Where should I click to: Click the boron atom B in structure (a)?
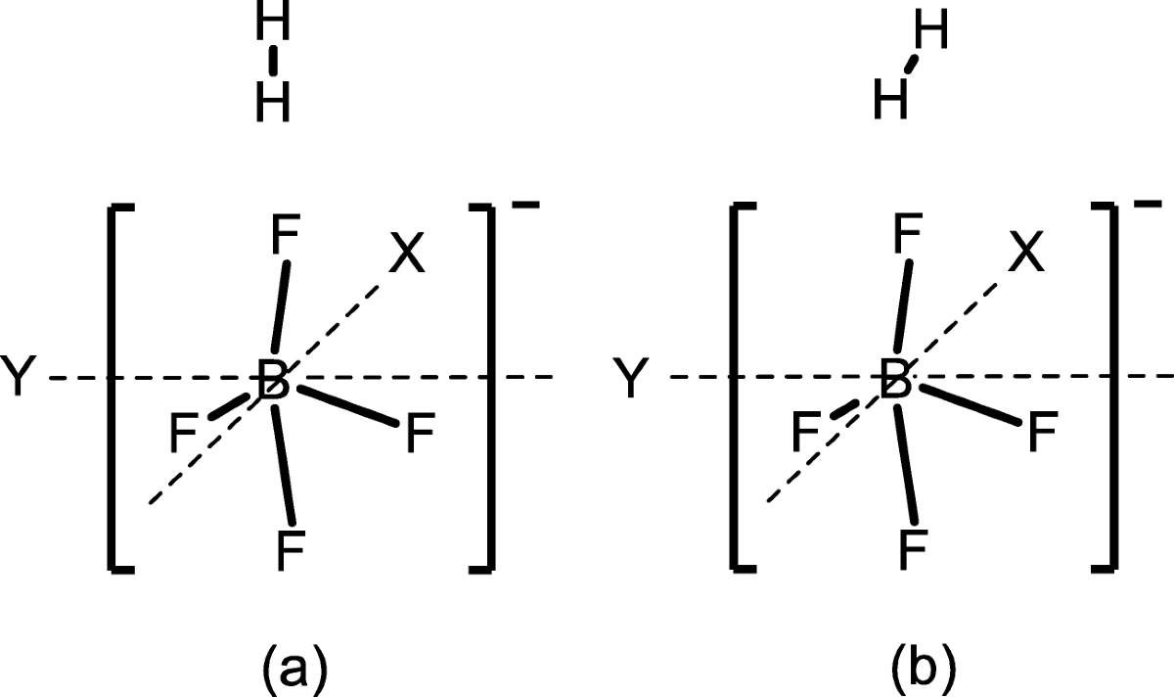[x=273, y=380]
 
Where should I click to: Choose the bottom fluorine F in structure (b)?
[x=912, y=550]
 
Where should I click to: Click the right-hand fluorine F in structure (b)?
[x=1040, y=434]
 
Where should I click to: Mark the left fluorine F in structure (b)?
[x=807, y=432]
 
